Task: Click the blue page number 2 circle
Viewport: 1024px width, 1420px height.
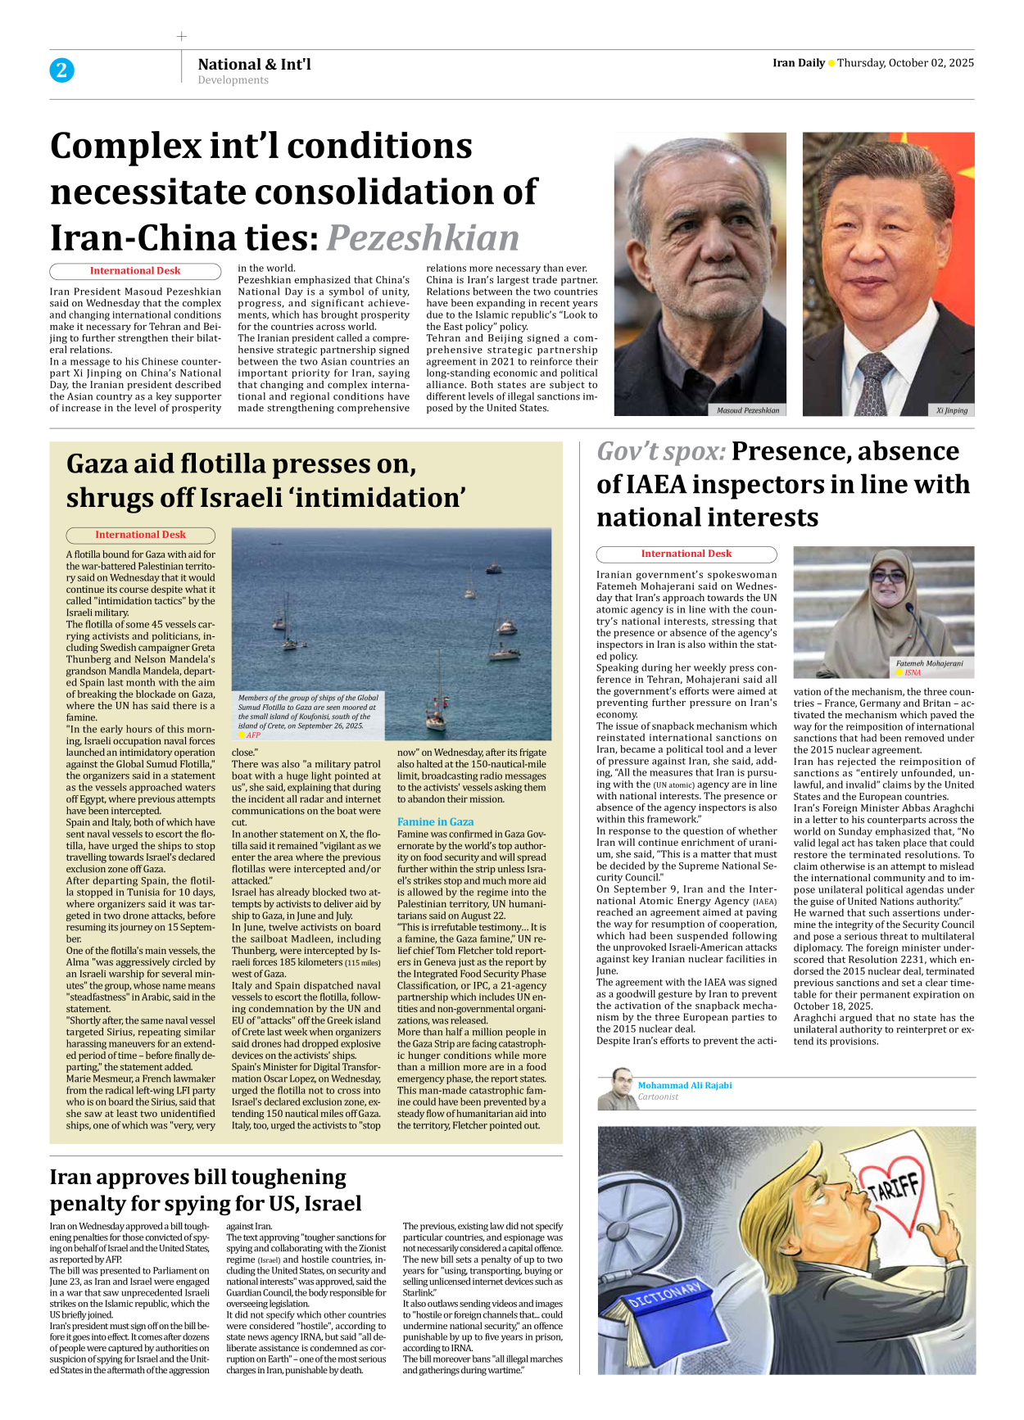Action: (x=61, y=70)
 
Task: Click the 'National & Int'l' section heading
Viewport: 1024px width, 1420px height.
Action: (x=254, y=64)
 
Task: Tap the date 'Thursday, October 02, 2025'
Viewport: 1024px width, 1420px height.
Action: (x=905, y=63)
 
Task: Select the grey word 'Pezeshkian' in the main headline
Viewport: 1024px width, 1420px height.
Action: (x=423, y=237)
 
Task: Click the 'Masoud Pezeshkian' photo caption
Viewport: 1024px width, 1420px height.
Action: (x=747, y=410)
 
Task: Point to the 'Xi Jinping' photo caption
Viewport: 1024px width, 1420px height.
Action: (x=951, y=410)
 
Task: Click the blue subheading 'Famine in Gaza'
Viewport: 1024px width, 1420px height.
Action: (x=435, y=821)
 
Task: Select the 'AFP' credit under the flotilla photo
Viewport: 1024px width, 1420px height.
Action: (x=253, y=735)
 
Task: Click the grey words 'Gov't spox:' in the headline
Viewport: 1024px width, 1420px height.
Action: (x=660, y=451)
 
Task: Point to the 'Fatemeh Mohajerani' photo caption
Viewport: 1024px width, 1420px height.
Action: (x=929, y=663)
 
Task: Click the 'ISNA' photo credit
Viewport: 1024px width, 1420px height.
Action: (x=912, y=672)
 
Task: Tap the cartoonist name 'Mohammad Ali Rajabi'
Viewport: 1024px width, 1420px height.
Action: (x=685, y=1085)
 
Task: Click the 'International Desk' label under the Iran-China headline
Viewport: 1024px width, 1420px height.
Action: (x=135, y=271)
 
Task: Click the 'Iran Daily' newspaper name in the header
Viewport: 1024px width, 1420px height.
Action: (x=798, y=63)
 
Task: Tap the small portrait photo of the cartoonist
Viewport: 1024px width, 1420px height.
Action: (x=617, y=1088)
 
